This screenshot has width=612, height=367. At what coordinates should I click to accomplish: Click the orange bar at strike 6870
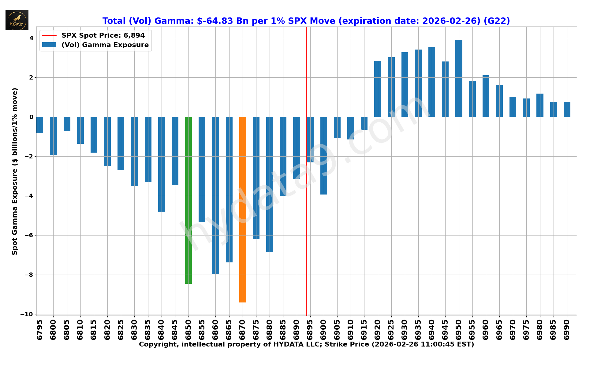(x=242, y=209)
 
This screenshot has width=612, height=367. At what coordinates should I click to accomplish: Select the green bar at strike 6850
(x=188, y=200)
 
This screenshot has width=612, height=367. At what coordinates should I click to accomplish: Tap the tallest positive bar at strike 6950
(x=459, y=78)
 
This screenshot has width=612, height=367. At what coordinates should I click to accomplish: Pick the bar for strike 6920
(x=378, y=89)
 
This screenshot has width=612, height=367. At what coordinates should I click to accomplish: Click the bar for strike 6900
(x=323, y=155)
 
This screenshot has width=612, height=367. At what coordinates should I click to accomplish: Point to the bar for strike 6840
(x=162, y=164)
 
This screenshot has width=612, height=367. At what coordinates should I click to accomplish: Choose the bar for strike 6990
(x=567, y=109)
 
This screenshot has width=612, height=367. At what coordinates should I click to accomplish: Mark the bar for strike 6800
(x=53, y=136)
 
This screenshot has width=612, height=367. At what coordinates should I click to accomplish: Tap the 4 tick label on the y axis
(x=31, y=38)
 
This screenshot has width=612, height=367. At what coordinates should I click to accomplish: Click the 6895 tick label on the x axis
(x=310, y=330)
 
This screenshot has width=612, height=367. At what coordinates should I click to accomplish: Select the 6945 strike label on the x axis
(x=445, y=330)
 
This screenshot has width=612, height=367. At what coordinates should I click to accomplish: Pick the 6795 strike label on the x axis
(x=40, y=330)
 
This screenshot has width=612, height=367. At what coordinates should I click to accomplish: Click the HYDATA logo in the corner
(x=17, y=20)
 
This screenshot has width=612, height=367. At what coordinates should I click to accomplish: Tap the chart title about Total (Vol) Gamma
(x=306, y=21)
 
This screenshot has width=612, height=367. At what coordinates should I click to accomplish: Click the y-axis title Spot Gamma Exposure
(x=15, y=171)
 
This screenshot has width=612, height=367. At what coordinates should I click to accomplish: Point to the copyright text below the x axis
(x=306, y=345)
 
